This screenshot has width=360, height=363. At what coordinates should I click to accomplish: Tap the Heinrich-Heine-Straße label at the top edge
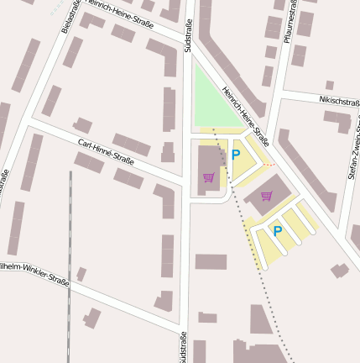point(117,16)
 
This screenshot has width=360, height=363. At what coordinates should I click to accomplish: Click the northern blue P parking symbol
point(236,155)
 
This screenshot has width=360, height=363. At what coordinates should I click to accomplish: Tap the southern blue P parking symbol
point(277,231)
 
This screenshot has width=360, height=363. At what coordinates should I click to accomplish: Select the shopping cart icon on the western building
point(208,176)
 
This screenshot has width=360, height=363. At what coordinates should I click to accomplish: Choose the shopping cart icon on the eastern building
point(267,196)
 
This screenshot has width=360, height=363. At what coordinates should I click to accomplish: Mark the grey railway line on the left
point(70,269)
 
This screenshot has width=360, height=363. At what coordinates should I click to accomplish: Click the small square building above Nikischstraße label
point(330,85)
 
